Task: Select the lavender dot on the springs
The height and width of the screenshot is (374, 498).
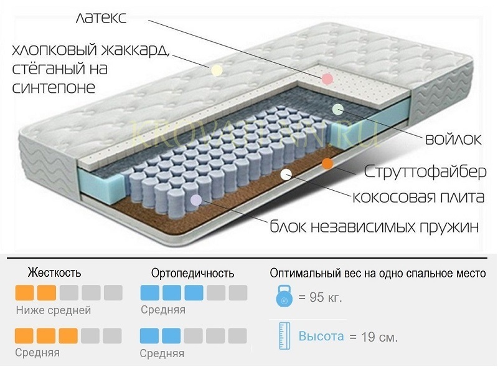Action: (195, 200)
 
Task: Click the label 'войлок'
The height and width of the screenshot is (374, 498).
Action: (452, 139)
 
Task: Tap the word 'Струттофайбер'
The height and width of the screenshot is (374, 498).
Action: (417, 170)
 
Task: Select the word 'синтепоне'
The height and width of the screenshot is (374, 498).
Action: (54, 87)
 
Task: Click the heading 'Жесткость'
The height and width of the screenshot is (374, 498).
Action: (54, 273)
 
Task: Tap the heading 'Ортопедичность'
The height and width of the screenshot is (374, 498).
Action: (193, 273)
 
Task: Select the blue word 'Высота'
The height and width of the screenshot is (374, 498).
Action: (321, 337)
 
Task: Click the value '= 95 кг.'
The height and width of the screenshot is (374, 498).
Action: (321, 297)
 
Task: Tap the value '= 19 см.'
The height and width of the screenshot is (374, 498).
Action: (374, 337)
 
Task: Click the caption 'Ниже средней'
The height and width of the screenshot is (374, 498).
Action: (54, 310)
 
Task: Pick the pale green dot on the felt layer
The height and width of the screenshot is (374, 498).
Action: (337, 108)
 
